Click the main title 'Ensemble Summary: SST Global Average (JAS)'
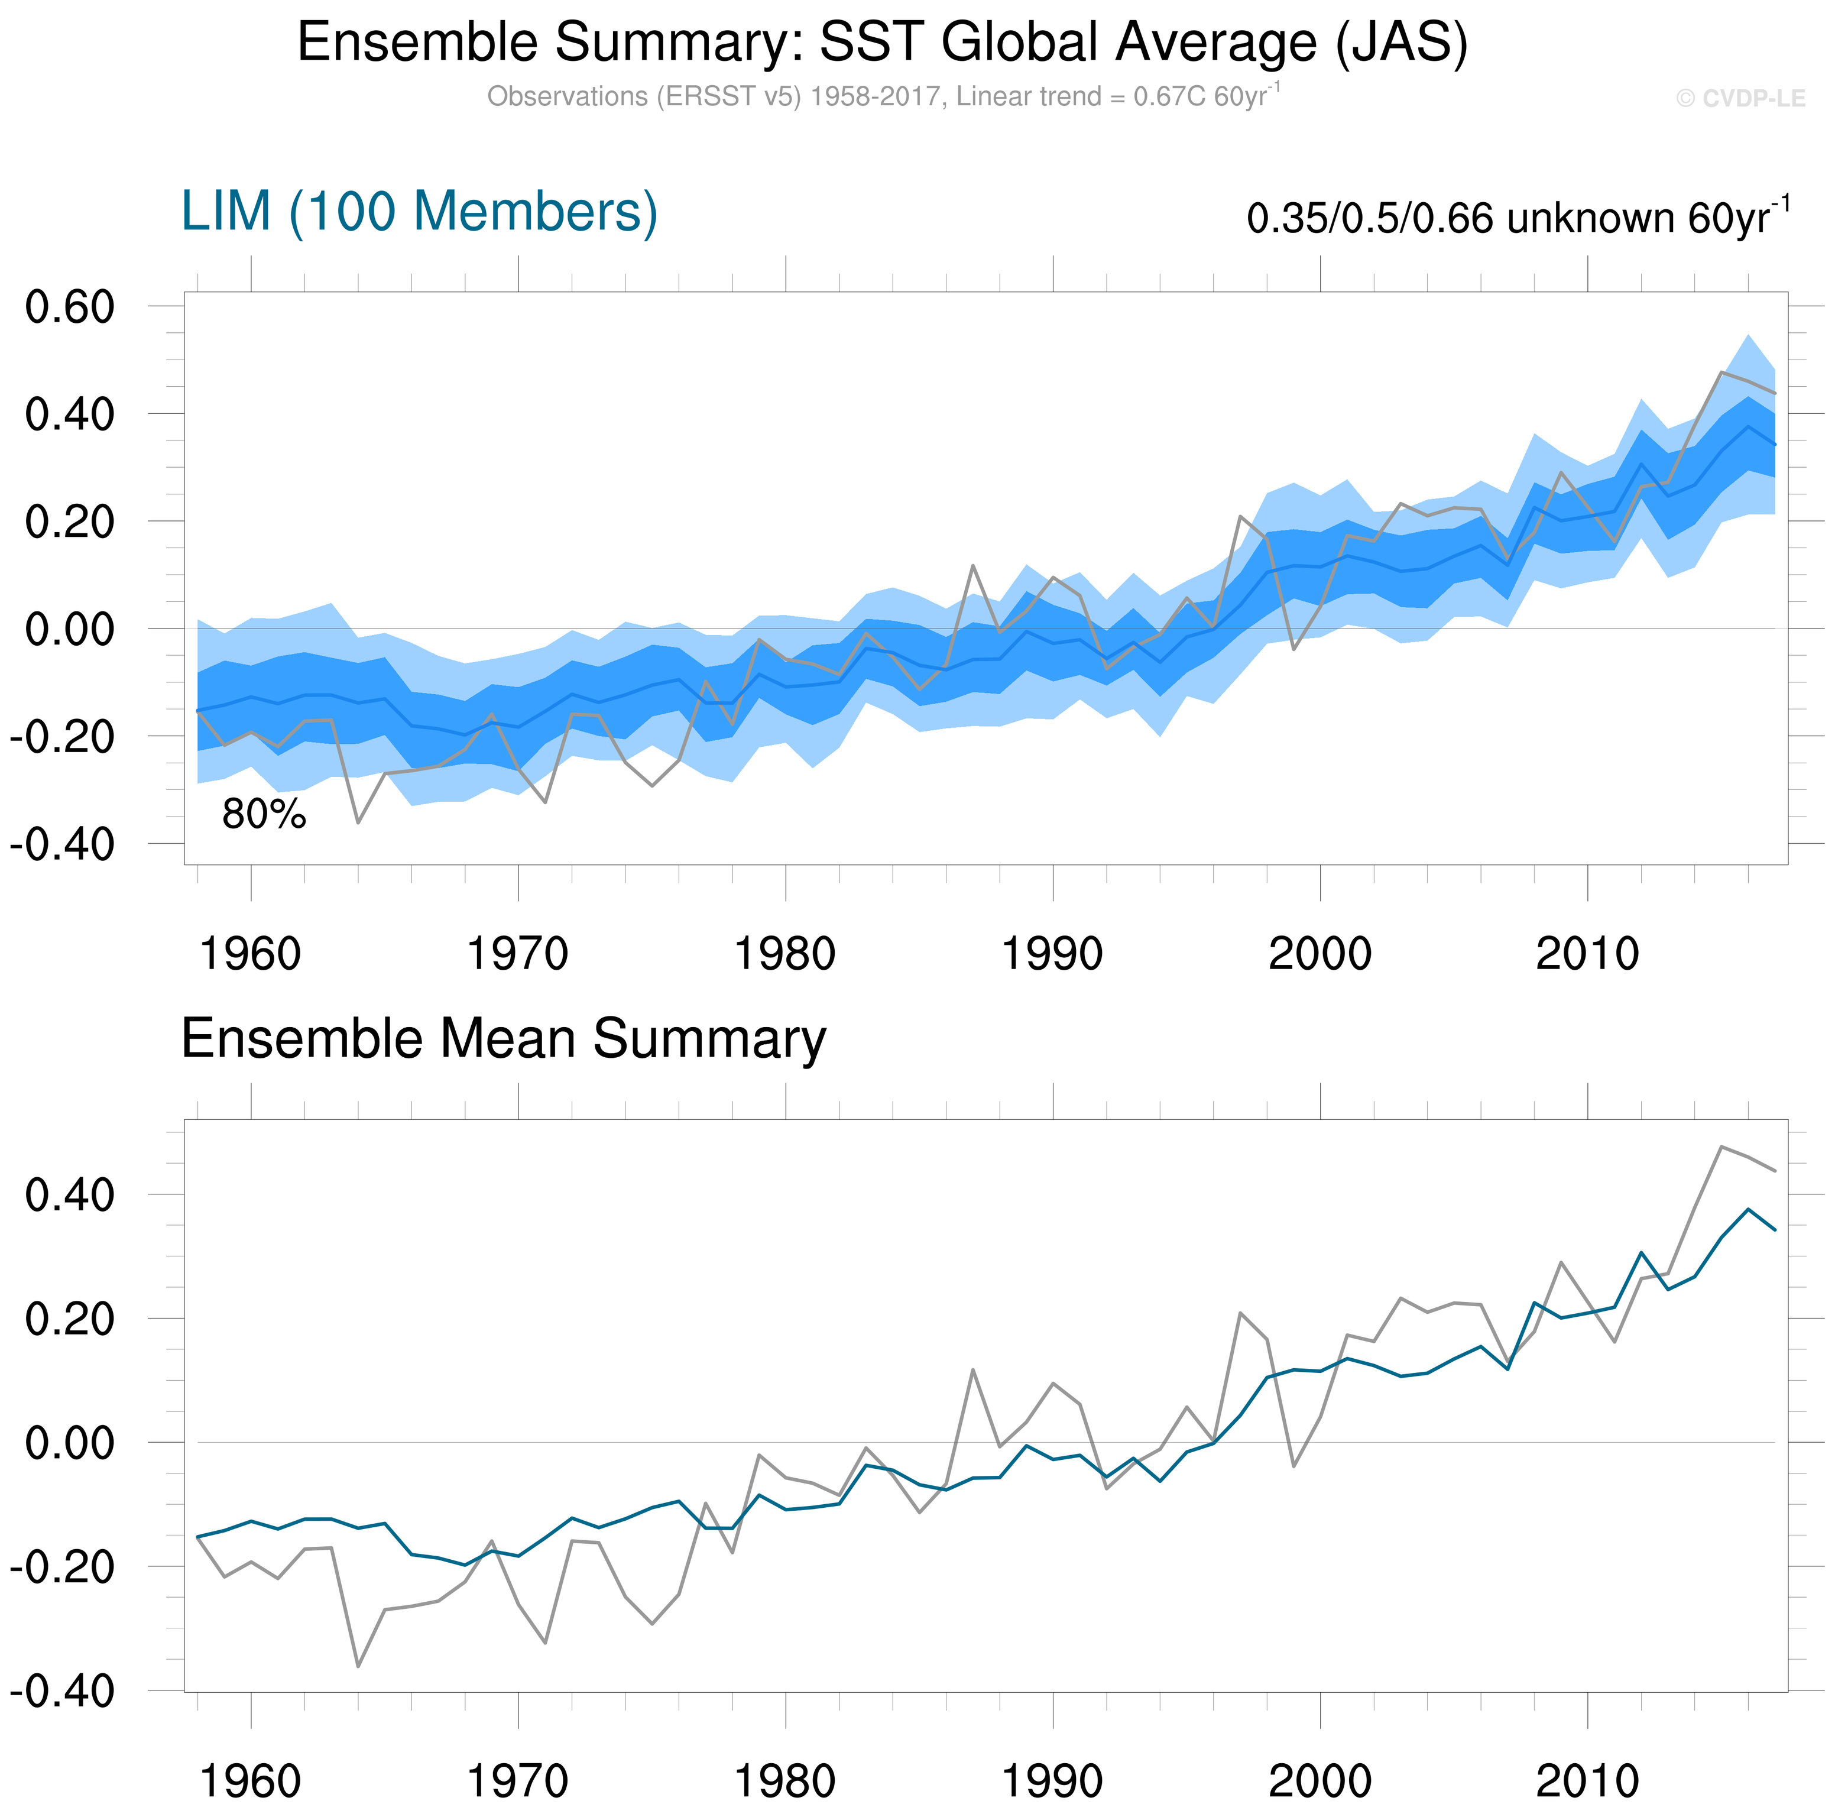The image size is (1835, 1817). point(883,43)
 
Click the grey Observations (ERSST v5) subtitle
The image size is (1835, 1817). point(883,97)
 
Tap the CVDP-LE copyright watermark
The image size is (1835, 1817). point(1740,99)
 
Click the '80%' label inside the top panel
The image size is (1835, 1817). point(264,815)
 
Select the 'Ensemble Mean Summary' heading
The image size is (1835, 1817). point(504,1038)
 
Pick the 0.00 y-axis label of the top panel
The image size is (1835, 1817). point(69,629)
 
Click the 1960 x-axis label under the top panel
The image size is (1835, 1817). point(251,954)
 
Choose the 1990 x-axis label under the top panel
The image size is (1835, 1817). point(1052,954)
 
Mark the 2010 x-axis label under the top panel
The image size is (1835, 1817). point(1587,954)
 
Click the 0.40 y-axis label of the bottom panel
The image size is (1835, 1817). point(69,1195)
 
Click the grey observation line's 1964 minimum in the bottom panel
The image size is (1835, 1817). point(358,1666)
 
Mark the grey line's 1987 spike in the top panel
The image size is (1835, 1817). point(972,565)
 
